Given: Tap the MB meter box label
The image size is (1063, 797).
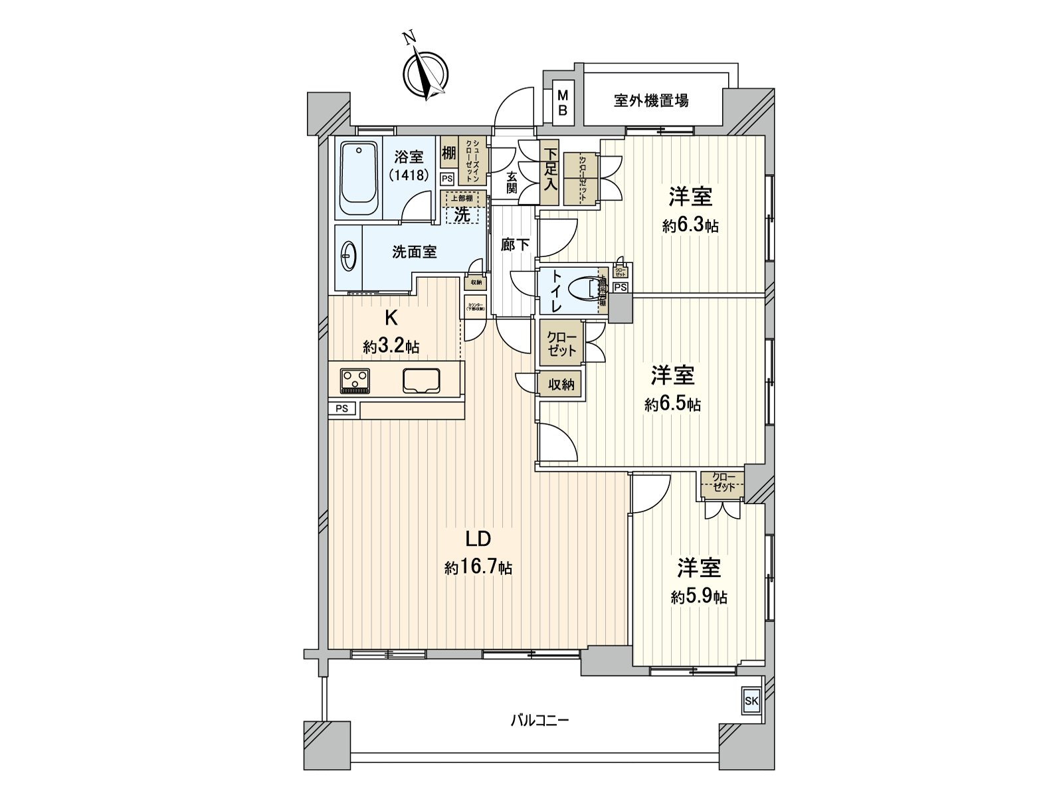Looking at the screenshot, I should click(562, 102).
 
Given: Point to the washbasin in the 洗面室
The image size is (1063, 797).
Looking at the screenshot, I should click(349, 254).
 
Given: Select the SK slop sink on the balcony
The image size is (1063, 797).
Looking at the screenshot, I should click(751, 701).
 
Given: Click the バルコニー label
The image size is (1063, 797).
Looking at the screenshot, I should click(539, 720).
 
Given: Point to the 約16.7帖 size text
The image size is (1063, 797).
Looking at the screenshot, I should click(478, 568).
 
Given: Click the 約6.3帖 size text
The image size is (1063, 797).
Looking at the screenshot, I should click(690, 226).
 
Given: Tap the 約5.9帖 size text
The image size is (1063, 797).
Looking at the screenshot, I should click(699, 597).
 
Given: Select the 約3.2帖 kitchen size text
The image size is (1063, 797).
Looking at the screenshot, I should click(391, 346).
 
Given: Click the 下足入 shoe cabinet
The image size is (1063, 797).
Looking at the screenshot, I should click(549, 174).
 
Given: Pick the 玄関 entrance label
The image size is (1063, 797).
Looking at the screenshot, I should click(512, 182).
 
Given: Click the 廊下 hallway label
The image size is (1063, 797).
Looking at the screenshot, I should click(515, 244).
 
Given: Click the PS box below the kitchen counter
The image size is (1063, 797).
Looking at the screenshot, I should click(342, 408).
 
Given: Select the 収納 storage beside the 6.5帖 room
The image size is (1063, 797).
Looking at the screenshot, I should click(561, 384).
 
